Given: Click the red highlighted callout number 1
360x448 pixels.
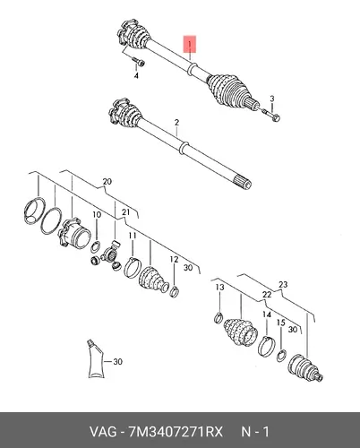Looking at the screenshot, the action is click(x=190, y=44).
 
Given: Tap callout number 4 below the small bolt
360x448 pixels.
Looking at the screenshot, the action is click(x=136, y=76).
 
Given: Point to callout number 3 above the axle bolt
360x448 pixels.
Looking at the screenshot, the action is click(x=272, y=99).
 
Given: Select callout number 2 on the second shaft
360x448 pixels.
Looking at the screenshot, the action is click(x=176, y=123).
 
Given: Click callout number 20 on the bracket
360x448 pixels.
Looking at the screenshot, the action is click(x=107, y=181).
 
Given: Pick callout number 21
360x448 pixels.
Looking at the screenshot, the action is click(x=126, y=212).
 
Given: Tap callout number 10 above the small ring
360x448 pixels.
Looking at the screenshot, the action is click(x=97, y=214).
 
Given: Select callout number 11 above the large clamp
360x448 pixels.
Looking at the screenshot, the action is click(x=133, y=236).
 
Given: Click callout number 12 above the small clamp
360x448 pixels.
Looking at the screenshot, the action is click(x=174, y=260).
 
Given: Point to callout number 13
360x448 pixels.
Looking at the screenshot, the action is click(x=219, y=288).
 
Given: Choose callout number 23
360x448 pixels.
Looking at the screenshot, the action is click(x=283, y=284).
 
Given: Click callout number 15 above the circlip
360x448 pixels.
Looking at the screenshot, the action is click(x=281, y=323).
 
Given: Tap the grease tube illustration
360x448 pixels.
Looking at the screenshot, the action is click(x=96, y=359).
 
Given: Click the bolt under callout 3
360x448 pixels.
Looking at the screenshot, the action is click(x=271, y=116).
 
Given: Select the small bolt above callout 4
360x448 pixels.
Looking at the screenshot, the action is click(x=138, y=62).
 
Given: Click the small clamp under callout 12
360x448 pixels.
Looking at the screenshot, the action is click(x=175, y=291).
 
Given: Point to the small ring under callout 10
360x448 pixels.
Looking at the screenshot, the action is click(x=95, y=246).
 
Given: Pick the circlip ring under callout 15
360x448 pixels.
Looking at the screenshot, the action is click(x=281, y=356).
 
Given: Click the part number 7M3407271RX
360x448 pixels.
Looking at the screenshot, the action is click(x=176, y=432).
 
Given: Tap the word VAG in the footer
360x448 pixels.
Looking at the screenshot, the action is click(x=103, y=432).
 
